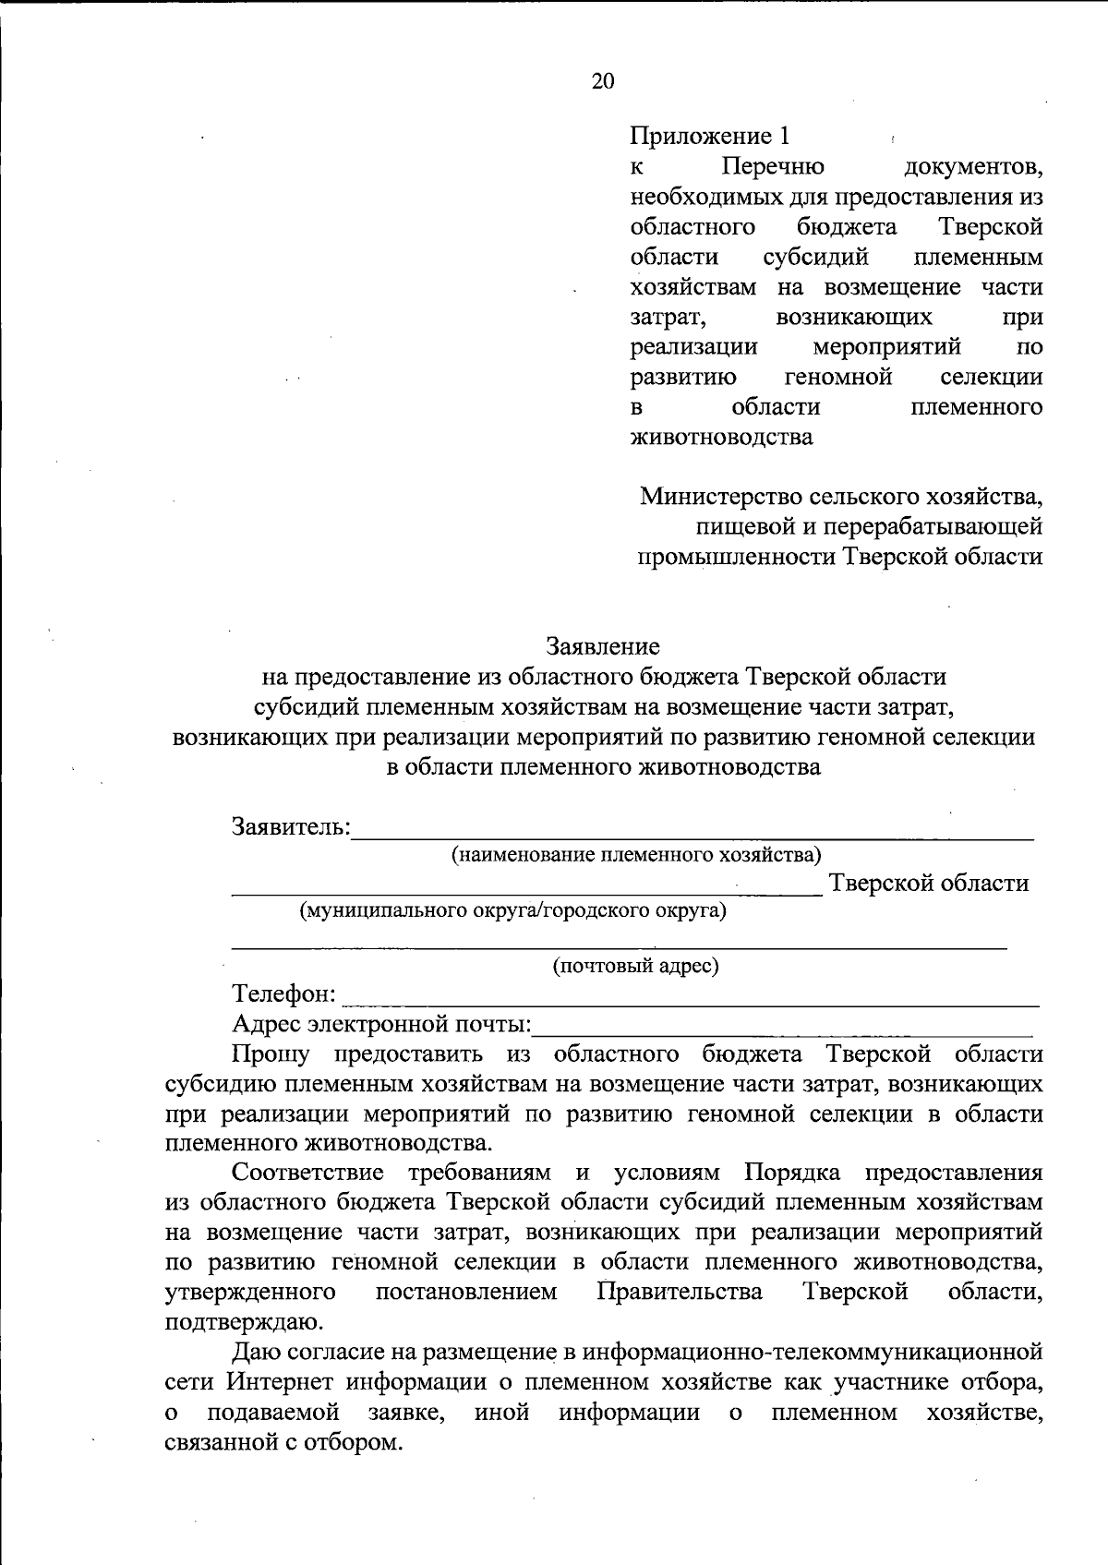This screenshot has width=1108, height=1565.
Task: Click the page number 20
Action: [x=602, y=81]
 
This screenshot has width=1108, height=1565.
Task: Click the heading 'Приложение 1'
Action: [x=709, y=137]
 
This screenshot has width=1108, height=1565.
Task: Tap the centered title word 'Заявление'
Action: [x=602, y=646]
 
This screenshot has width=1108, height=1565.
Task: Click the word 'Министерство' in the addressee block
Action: [x=720, y=497]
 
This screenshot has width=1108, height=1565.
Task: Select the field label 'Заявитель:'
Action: [x=291, y=825]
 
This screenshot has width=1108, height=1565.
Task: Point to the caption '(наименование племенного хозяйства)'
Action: [x=635, y=854]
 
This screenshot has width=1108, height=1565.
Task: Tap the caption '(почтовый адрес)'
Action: [x=635, y=967]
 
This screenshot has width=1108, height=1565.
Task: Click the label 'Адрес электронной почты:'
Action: [x=382, y=1024]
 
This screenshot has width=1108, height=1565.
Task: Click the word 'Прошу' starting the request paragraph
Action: [x=271, y=1053]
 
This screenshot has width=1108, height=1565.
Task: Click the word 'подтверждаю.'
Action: [x=244, y=1322]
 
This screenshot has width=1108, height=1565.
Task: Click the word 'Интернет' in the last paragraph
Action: [x=282, y=1382]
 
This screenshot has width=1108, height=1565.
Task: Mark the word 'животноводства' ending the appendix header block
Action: [x=721, y=437]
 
